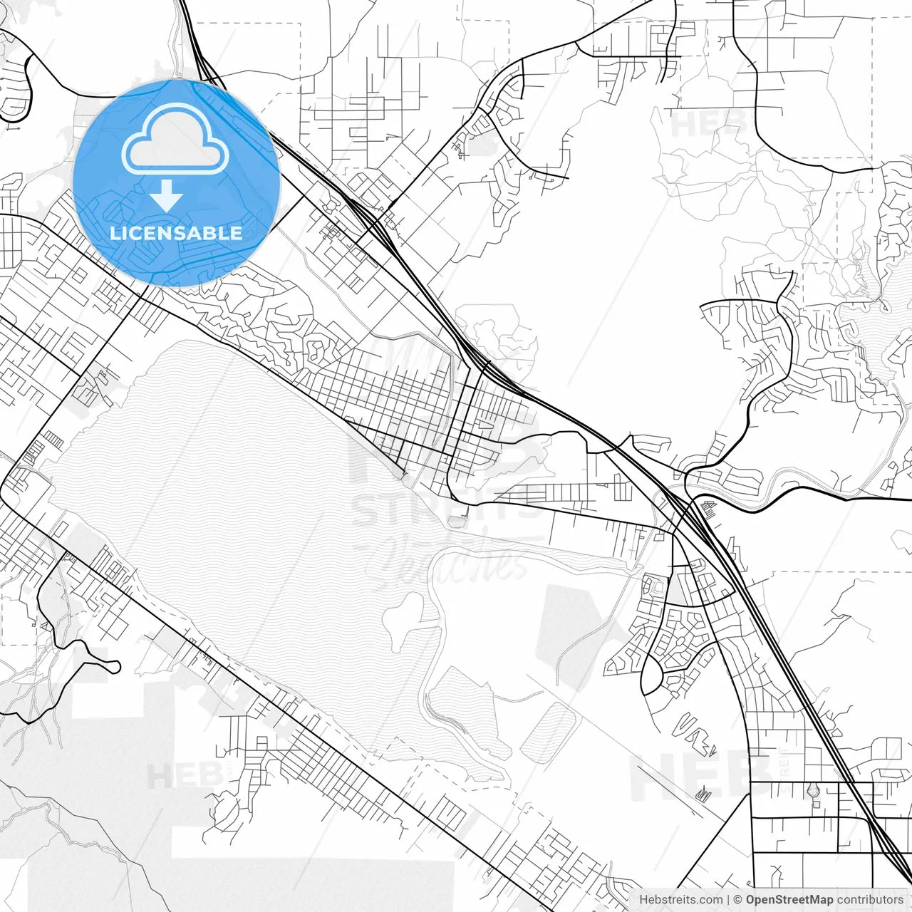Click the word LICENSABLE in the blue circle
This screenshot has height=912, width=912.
pos(175,233)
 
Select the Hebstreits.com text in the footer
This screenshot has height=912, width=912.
pos(680,900)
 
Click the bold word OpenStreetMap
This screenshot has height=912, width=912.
pos(789,900)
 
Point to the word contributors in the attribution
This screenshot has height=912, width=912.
pos(870,900)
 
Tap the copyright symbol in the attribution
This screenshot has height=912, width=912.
pos(738,900)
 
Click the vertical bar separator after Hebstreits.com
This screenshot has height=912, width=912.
pos(728,900)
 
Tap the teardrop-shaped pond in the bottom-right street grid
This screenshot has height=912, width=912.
pos(814,790)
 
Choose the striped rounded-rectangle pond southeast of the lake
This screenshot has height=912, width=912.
pos(548,732)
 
